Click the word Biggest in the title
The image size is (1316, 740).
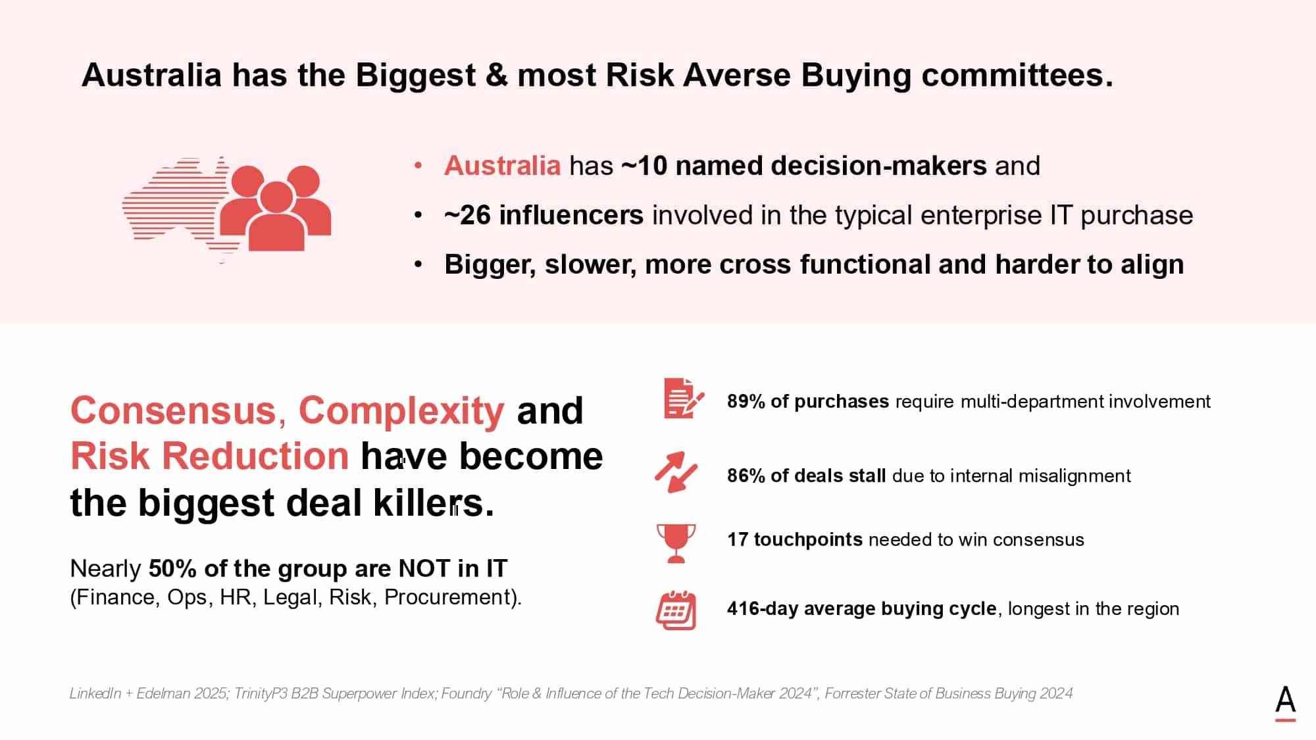(x=416, y=76)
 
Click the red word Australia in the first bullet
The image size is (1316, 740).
(x=502, y=166)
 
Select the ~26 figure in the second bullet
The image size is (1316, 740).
(x=467, y=215)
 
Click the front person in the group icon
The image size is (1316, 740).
(x=276, y=217)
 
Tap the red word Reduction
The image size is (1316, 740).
(x=255, y=456)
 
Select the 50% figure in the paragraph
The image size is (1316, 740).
(x=172, y=568)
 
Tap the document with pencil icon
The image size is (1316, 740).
(x=683, y=398)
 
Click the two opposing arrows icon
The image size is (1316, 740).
(x=676, y=472)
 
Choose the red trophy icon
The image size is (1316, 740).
(x=676, y=543)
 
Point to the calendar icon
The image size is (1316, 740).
(x=676, y=610)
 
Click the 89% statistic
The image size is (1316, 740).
(x=746, y=401)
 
